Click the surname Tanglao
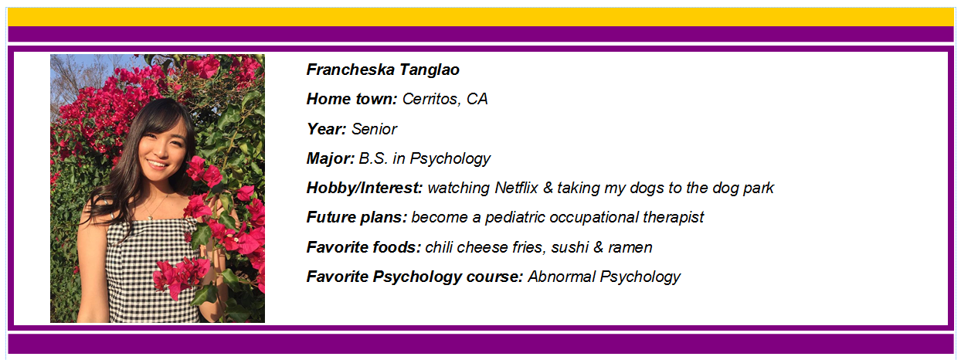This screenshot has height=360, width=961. (x=430, y=70)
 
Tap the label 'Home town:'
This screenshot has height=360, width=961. (x=351, y=99)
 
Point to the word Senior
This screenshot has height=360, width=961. (x=374, y=129)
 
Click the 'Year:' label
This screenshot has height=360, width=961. (x=326, y=129)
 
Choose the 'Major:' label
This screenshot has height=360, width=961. (x=331, y=159)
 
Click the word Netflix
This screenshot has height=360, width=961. (x=516, y=188)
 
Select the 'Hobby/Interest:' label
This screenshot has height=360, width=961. (x=365, y=188)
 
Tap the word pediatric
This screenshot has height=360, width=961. (x=514, y=218)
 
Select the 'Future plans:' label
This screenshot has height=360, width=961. (x=357, y=218)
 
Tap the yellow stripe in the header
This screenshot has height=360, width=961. (x=480, y=17)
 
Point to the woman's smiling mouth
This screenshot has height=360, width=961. (x=157, y=164)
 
